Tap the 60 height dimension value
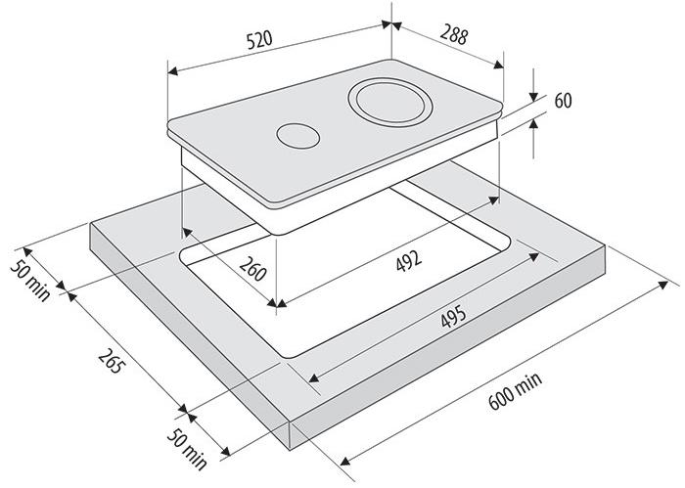pyautogui.click(x=562, y=101)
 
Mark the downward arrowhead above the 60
pyautogui.click(x=534, y=96)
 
